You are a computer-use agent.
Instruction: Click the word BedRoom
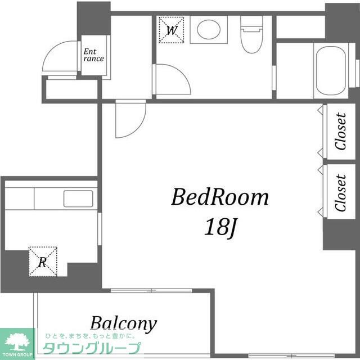click(220, 197)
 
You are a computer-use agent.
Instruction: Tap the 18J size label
click(220, 227)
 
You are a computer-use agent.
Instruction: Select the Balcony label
click(124, 324)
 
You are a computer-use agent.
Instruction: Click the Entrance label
click(93, 55)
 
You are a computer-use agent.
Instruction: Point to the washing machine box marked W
click(172, 30)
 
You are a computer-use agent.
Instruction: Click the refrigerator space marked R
click(43, 262)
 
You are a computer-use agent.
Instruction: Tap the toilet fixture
click(251, 34)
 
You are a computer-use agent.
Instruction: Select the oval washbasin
click(209, 29)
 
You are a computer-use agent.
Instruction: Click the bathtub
click(331, 71)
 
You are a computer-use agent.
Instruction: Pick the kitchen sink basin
click(78, 199)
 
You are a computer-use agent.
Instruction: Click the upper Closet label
click(340, 131)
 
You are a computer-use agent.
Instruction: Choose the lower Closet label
click(340, 192)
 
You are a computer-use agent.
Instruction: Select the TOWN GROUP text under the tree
click(17, 354)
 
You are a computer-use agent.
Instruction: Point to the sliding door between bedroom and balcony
click(151, 291)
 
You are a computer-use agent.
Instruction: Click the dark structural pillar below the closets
click(341, 234)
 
